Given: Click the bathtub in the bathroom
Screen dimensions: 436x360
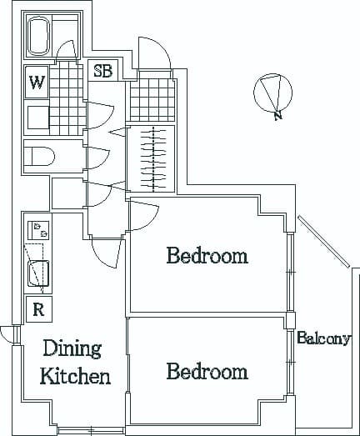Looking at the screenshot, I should (40, 38).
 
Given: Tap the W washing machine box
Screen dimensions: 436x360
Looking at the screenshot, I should (37, 83).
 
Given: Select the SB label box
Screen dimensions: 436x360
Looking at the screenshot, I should (102, 71).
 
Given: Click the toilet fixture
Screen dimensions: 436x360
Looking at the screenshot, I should (39, 156).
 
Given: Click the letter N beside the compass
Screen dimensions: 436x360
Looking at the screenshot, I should (277, 117).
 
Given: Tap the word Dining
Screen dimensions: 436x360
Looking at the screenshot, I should (72, 348).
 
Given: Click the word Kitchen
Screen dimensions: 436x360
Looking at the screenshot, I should (76, 376).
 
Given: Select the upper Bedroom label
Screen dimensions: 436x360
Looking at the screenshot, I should (207, 255).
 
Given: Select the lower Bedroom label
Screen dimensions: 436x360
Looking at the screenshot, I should (207, 371).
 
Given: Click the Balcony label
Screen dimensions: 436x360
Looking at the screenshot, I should (324, 339).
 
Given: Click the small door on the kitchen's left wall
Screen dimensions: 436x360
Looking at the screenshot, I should (7, 334).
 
